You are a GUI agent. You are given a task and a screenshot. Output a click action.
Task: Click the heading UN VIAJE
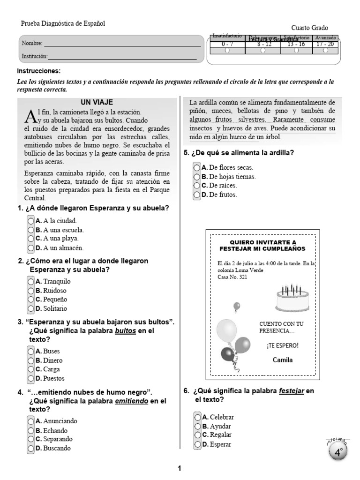[x=97, y=102]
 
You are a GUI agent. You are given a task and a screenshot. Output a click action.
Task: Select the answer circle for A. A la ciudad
[x=31, y=221]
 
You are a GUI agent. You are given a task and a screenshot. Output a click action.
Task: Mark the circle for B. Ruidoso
[x=31, y=291]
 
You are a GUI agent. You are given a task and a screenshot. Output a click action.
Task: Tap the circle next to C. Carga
[x=31, y=369]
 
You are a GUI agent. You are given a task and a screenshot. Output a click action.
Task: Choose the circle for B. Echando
[x=31, y=430]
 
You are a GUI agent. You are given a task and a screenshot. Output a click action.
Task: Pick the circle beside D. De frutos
[x=197, y=195]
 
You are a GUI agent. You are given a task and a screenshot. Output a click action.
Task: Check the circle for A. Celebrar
[x=198, y=417]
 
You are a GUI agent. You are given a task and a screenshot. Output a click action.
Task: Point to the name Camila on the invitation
[x=283, y=360]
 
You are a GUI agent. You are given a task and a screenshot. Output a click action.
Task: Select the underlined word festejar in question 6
[x=292, y=391]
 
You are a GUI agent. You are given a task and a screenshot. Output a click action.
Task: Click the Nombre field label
[x=31, y=44]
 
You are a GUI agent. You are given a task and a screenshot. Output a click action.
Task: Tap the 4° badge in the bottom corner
[x=338, y=452]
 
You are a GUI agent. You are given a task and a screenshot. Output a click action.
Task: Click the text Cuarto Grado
[x=310, y=28]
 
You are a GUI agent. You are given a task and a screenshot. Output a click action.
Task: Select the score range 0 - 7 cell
[x=227, y=44]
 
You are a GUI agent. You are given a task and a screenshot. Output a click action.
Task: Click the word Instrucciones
[x=39, y=71]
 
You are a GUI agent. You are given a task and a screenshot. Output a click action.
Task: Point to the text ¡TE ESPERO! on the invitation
[x=282, y=346]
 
